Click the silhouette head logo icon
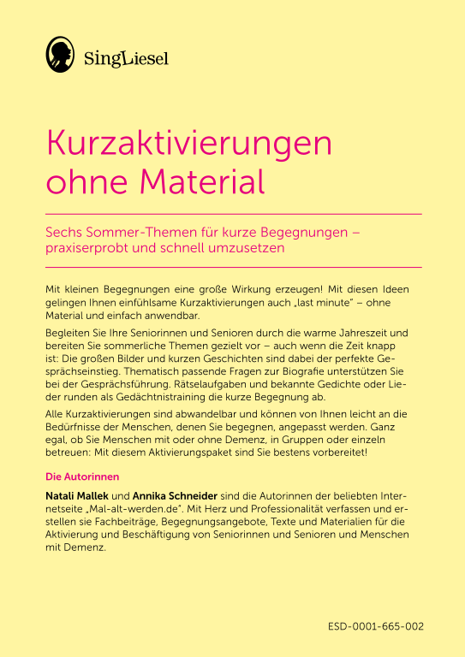coord(61,55)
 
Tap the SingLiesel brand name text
coord(127,58)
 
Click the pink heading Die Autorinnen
coord(81,476)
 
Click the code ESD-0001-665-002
coord(375,626)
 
